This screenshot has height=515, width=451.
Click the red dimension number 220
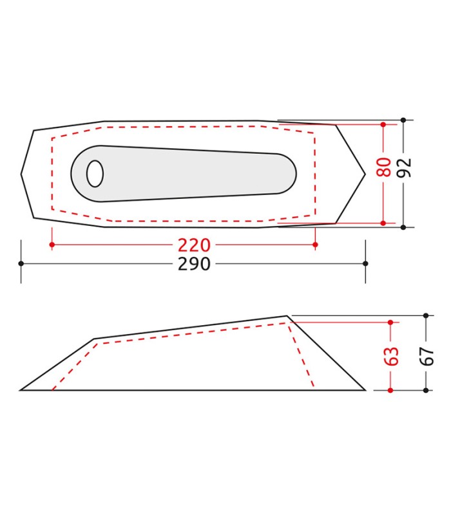[x=194, y=245]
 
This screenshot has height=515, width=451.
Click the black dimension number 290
[x=194, y=264]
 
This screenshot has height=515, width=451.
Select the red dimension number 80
[x=384, y=167]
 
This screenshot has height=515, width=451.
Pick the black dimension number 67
[x=426, y=353]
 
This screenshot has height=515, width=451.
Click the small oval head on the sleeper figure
[x=95, y=174]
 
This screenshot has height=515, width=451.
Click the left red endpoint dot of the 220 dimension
[x=52, y=245]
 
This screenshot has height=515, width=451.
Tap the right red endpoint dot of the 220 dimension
[x=315, y=245]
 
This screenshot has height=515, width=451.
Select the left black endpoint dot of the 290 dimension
[x=21, y=263]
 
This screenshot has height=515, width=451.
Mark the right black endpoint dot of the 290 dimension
[x=365, y=263]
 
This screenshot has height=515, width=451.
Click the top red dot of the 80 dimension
[x=383, y=124]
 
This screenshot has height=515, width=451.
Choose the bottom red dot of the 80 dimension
[x=383, y=223]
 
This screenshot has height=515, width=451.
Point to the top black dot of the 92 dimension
[x=403, y=120]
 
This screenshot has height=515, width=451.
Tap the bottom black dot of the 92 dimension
[x=403, y=227]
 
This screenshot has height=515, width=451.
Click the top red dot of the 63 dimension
[x=391, y=322]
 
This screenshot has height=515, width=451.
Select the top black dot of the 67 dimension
[x=426, y=315]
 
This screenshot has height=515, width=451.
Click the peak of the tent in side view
[x=287, y=315]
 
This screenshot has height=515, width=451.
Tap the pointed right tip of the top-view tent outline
[x=365, y=174]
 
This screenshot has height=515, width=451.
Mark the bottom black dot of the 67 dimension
[x=426, y=390]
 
